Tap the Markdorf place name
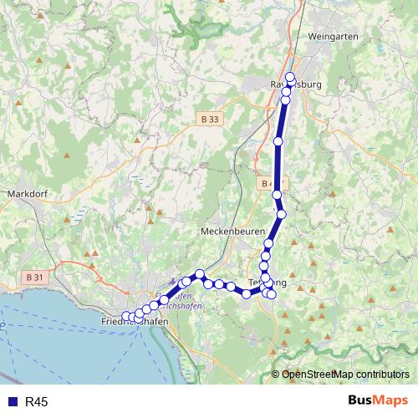31,193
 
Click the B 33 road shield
211,120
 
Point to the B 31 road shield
34,277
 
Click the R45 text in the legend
36,402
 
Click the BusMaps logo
377,401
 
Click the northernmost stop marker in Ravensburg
290,78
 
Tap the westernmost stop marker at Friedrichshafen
126,316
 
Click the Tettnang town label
268,283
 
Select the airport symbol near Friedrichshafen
173,283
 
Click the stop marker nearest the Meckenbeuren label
268,244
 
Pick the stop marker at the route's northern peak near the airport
201,273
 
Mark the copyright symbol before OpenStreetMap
276,375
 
